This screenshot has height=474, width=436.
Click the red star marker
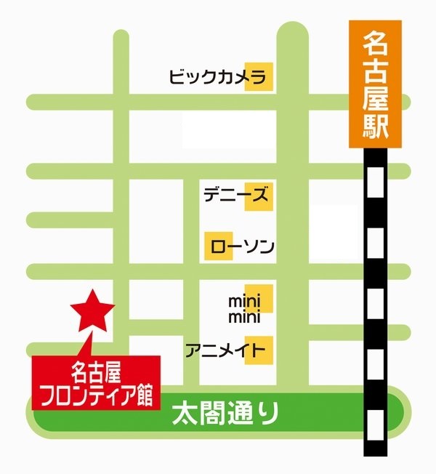click(x=92, y=311)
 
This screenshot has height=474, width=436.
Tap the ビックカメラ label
click(x=209, y=76)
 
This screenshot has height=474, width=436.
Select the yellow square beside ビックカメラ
click(x=259, y=76)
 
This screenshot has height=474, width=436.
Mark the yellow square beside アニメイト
click(x=259, y=350)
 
